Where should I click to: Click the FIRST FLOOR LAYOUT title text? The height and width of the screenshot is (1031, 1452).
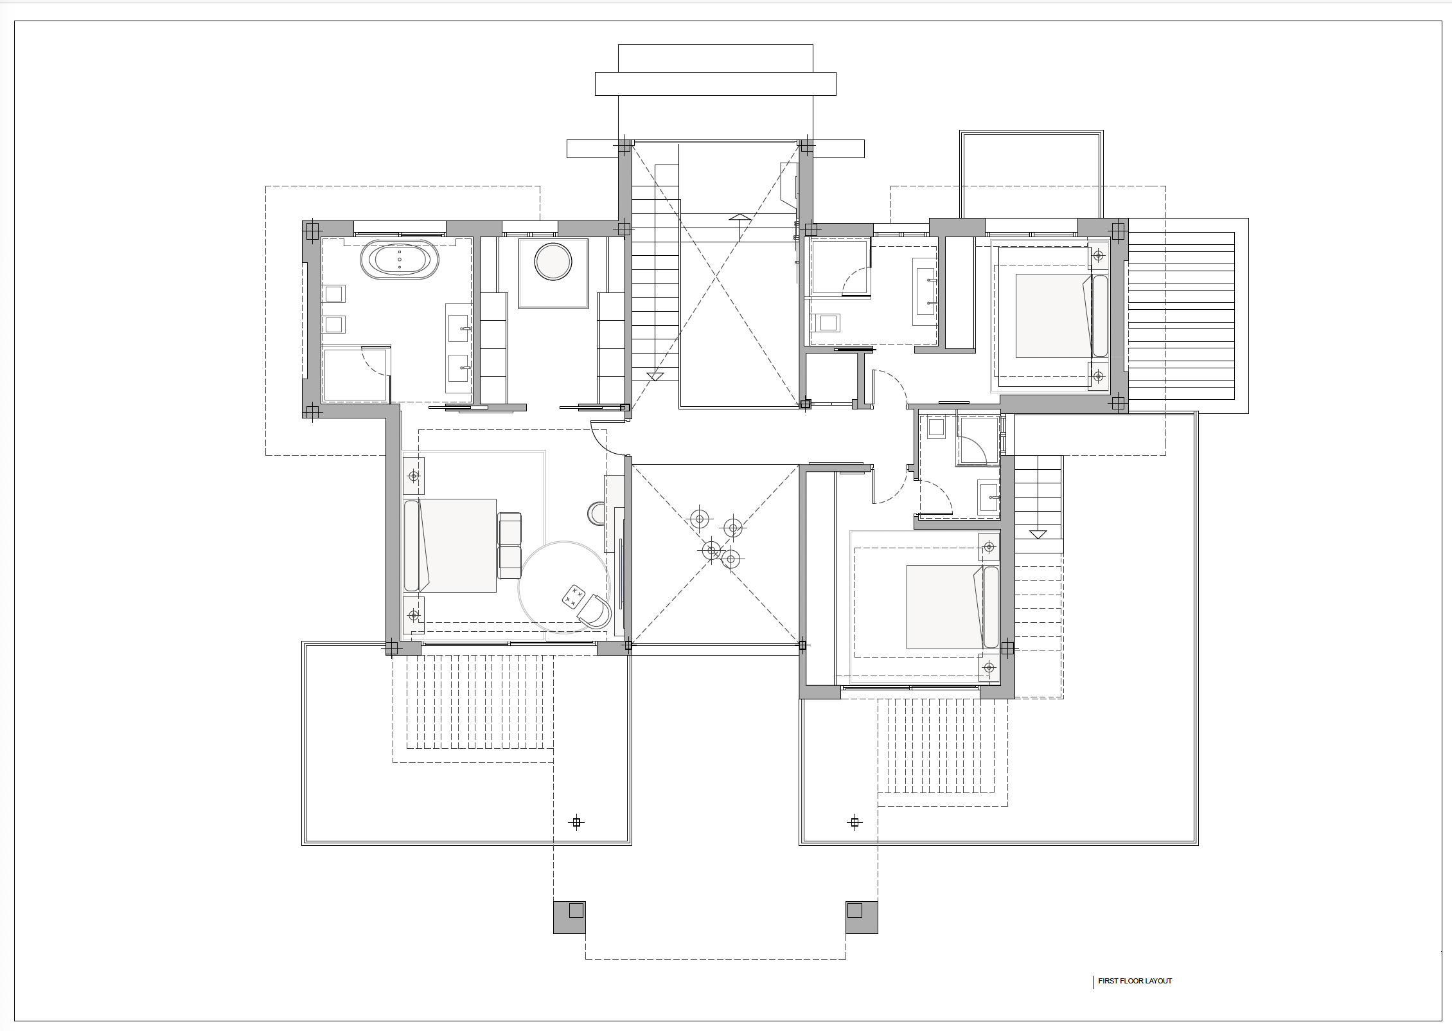1135,981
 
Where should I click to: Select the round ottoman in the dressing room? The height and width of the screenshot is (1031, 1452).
553,262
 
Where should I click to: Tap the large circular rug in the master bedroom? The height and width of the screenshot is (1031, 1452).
563,587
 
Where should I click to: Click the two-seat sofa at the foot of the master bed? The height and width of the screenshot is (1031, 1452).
509,545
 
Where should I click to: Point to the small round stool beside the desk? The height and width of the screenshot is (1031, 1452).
596,513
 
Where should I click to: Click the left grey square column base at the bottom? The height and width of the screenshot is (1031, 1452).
569,917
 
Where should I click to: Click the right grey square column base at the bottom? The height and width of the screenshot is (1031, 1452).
862,917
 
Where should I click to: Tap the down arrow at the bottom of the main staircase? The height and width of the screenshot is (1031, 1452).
655,376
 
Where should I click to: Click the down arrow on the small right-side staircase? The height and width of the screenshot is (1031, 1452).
1038,534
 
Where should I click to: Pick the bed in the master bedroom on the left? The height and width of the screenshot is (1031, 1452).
450,545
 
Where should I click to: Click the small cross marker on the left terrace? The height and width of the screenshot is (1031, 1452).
576,822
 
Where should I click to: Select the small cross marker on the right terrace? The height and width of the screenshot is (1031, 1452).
854,822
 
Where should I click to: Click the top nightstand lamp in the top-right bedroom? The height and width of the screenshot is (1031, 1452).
1099,256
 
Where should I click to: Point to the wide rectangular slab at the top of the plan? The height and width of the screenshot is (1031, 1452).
716,84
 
